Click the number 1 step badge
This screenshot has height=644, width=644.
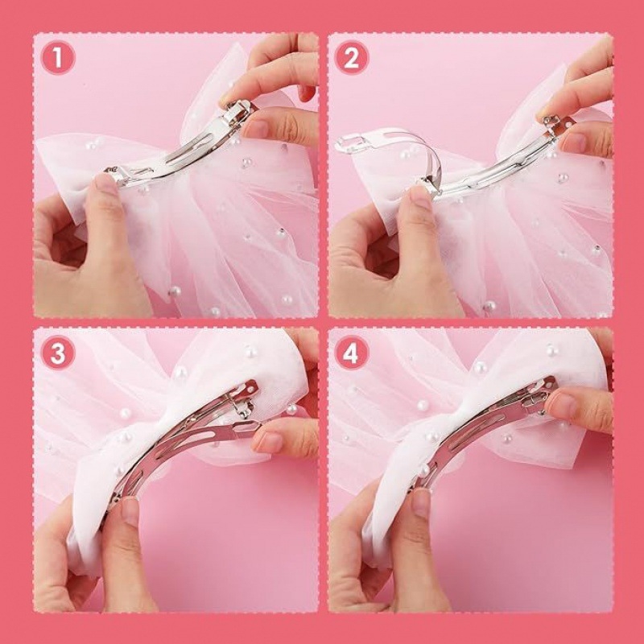[57, 58]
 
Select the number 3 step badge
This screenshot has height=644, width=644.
[57, 353]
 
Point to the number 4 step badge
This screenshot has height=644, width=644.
[351, 353]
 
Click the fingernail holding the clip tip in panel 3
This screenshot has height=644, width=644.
[270, 440]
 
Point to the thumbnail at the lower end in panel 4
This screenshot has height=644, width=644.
[421, 505]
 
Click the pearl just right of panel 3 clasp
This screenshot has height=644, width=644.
[292, 409]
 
